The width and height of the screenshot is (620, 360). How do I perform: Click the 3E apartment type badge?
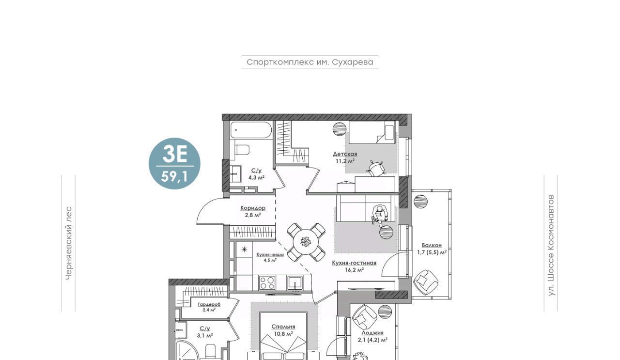[174, 163]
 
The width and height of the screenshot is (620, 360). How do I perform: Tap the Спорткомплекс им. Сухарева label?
[310, 62]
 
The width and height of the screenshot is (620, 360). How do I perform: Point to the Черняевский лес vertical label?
[69, 243]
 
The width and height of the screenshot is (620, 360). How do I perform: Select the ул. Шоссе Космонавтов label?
[551, 245]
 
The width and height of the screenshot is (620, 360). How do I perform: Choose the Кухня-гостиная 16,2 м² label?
[354, 266]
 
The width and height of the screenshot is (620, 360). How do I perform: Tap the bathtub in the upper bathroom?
[251, 130]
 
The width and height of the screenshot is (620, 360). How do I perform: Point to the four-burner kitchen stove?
[267, 282]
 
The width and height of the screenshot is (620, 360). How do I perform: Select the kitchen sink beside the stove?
[295, 282]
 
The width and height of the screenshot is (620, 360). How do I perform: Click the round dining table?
[306, 242]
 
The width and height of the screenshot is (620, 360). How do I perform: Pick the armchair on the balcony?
[425, 282]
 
